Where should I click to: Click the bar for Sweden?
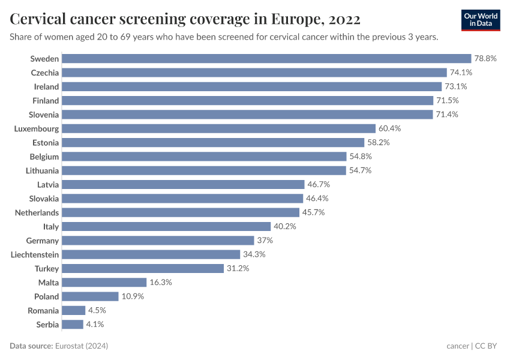266,59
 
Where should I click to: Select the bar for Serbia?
73,325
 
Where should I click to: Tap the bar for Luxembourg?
218,128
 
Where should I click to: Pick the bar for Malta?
104,283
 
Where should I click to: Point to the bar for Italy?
166,227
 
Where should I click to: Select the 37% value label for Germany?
265,241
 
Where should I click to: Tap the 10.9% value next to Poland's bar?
133,296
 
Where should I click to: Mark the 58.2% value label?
379,143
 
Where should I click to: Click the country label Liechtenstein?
35,254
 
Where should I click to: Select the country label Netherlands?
37,212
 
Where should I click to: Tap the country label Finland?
46,101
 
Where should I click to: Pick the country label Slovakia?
44,199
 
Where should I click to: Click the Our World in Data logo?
481,20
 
